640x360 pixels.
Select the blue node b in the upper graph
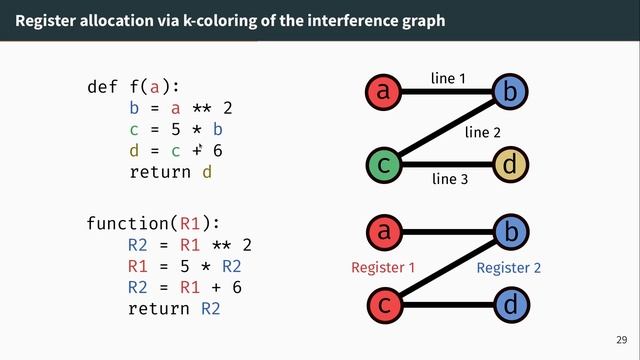point(510,93)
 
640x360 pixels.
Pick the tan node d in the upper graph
point(510,164)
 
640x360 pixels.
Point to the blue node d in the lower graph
point(510,303)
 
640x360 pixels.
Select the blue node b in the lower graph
point(510,233)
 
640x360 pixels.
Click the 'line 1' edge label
point(448,78)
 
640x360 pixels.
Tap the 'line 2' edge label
point(483,132)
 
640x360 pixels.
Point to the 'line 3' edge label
point(450,180)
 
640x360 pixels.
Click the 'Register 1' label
point(382,268)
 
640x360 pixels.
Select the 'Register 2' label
point(508,268)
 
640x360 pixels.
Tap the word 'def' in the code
point(103,87)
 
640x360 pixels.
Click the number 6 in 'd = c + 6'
point(217,150)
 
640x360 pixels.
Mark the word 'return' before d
point(160,172)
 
